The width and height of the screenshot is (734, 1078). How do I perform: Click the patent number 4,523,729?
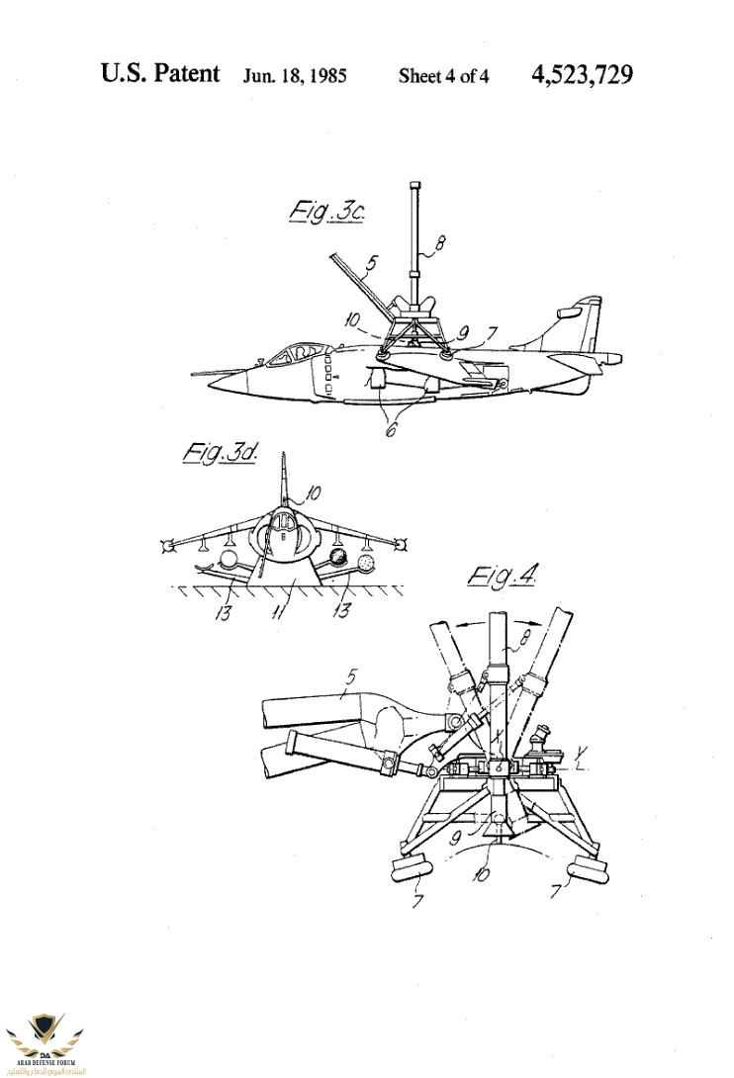582,74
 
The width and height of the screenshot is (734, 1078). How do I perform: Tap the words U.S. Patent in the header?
160,74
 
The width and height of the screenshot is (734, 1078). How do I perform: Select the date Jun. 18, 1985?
295,76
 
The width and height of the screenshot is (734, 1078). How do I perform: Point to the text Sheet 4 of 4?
443,76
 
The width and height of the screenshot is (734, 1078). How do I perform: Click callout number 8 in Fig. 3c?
441,239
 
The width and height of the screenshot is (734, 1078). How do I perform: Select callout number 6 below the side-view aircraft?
391,430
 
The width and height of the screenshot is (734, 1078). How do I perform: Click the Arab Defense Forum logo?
49,1038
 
